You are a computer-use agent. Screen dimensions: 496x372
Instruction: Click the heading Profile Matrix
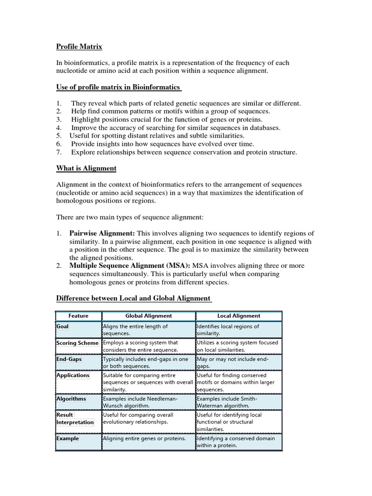point(79,46)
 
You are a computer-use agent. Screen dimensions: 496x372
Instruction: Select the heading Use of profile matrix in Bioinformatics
point(119,87)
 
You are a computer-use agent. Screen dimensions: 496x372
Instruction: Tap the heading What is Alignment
point(87,168)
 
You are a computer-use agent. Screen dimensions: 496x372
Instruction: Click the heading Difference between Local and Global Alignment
point(134,298)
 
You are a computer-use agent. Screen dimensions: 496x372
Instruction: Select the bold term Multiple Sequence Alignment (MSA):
point(131,266)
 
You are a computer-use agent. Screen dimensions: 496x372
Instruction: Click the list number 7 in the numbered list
point(59,152)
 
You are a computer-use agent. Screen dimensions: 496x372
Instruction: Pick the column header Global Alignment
point(148,316)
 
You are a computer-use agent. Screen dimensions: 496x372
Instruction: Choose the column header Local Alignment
point(239,316)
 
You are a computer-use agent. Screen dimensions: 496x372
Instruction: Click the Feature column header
point(78,316)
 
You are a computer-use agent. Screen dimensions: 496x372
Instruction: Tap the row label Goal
point(63,326)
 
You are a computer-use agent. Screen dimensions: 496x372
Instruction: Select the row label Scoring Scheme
point(77,343)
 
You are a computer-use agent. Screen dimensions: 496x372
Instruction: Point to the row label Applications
point(73,375)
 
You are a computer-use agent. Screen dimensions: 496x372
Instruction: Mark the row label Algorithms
point(71,399)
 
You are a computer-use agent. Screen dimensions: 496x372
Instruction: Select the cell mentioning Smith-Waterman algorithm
point(235,402)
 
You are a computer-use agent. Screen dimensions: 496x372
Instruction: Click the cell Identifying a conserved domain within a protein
point(235,442)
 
